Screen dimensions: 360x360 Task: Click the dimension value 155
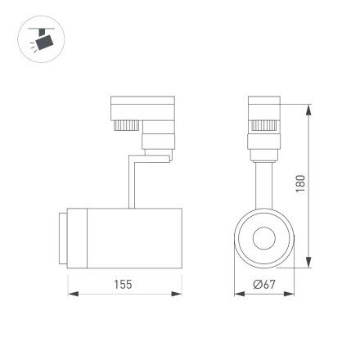123,284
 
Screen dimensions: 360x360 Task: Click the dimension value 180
300,185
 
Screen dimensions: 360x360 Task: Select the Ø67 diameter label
263,284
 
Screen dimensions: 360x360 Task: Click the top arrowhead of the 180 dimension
308,109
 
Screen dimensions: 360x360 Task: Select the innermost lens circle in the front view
263,238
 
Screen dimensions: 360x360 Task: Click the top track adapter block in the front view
263,106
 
